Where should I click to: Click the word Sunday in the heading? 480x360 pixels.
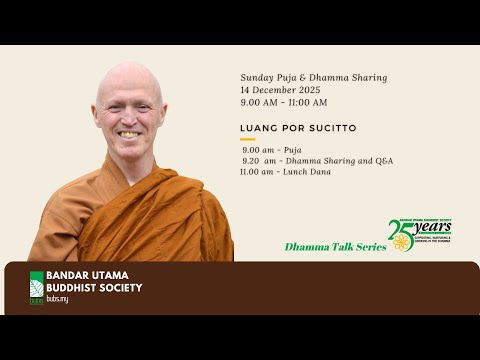click(256, 77)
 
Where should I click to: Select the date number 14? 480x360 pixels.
click(246, 89)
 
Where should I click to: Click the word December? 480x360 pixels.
click(275, 89)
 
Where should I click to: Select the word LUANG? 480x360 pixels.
click(256, 128)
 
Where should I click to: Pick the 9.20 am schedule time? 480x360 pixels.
click(256, 160)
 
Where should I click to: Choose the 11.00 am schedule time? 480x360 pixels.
click(256, 171)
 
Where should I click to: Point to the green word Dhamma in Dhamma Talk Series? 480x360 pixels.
click(304, 246)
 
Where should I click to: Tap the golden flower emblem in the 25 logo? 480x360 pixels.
click(402, 242)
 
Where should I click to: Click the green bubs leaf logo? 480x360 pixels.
click(37, 287)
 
